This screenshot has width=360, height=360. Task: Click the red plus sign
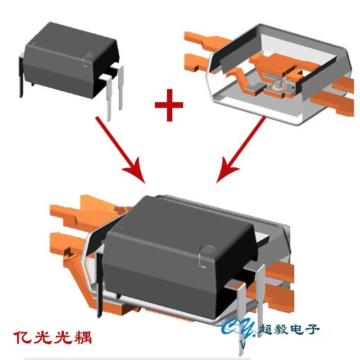(x=169, y=105)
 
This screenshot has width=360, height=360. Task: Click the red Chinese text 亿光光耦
(x=53, y=337)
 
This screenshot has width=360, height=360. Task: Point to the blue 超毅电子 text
(x=289, y=329)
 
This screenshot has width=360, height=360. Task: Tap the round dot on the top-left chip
(x=88, y=56)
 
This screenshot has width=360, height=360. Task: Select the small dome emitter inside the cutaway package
(x=278, y=84)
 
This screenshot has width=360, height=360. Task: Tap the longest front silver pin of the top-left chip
(x=108, y=99)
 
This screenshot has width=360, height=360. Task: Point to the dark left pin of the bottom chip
(x=99, y=285)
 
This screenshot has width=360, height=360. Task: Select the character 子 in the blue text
(x=312, y=329)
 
